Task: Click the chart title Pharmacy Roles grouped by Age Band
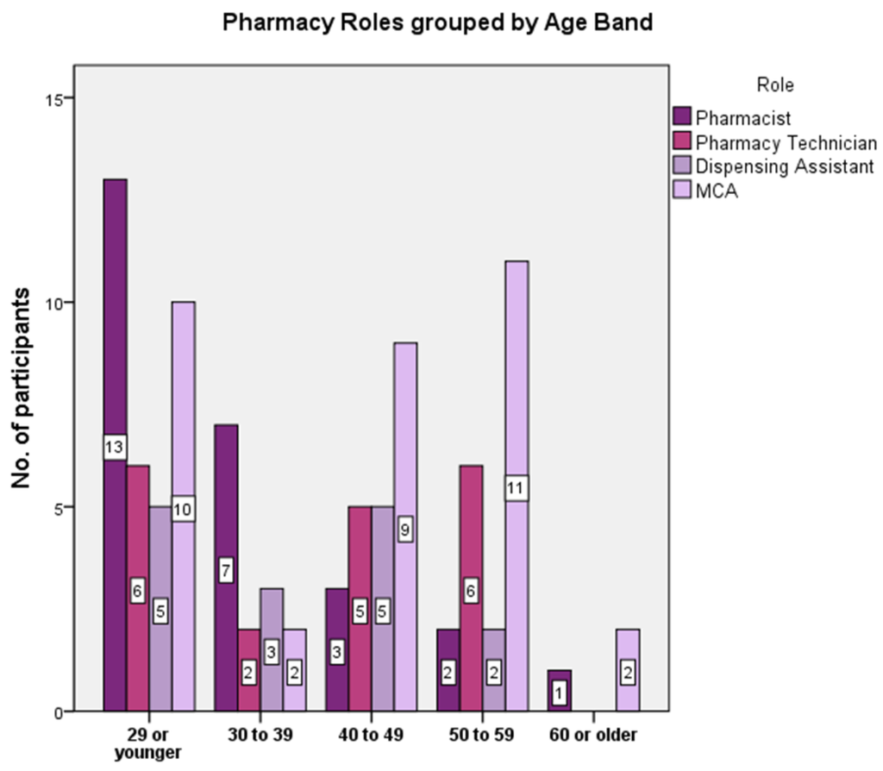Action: [x=437, y=22]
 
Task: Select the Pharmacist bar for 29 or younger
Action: [x=115, y=345]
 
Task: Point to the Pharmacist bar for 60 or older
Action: [x=560, y=691]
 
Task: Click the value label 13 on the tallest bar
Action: [x=115, y=448]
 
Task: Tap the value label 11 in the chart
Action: [x=517, y=488]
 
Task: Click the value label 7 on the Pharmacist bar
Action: [x=226, y=570]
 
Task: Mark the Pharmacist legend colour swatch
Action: [x=682, y=116]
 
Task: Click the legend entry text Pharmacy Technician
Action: [x=786, y=142]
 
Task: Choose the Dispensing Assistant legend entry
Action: [x=784, y=166]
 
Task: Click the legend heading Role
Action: [x=774, y=85]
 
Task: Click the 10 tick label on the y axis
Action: [x=57, y=303]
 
